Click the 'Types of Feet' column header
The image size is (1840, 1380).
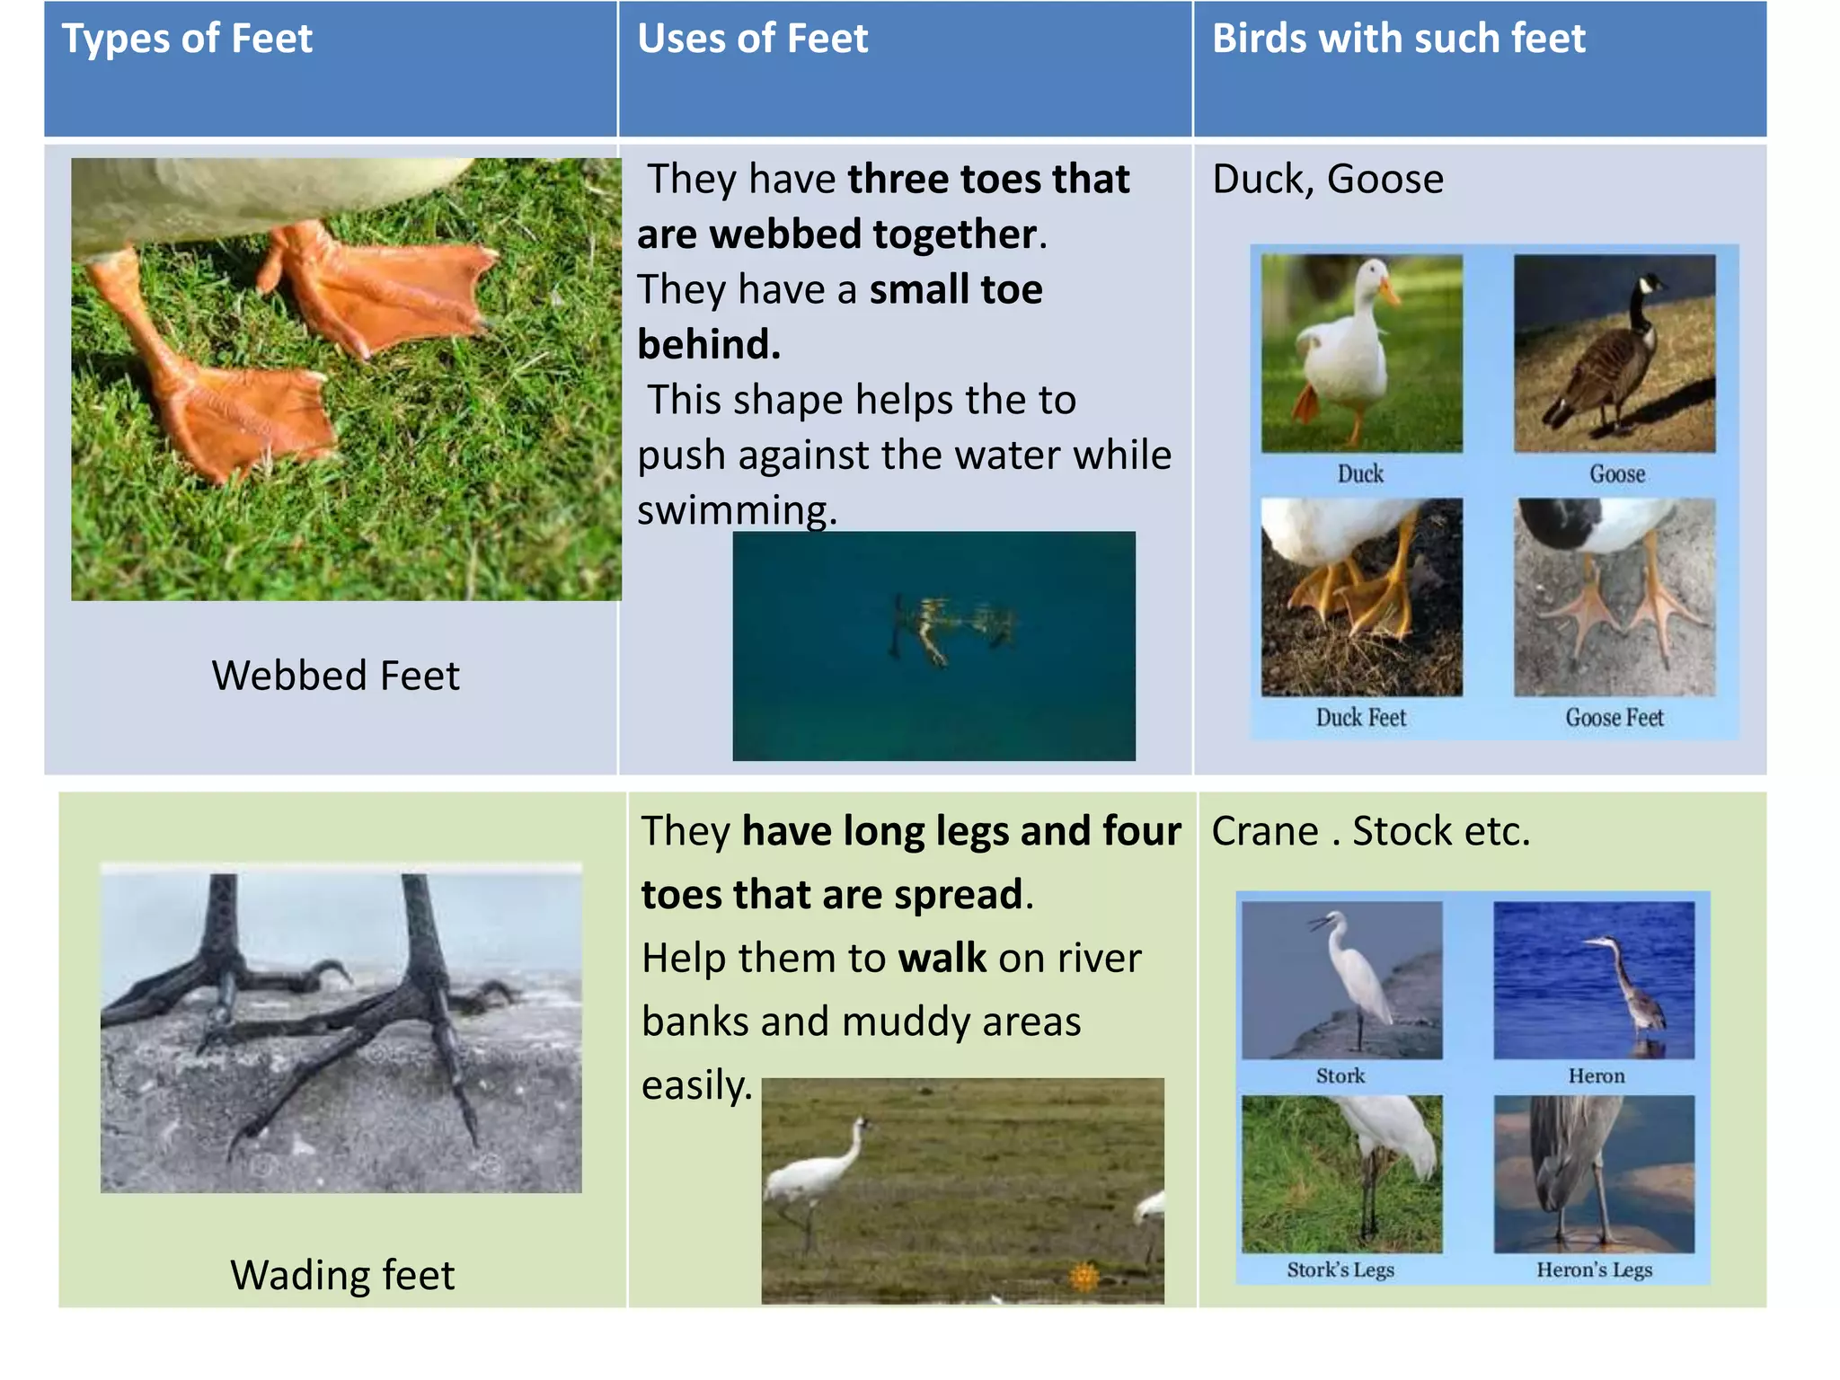187,40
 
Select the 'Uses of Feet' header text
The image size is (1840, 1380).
752,40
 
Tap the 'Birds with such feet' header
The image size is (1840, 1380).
1398,40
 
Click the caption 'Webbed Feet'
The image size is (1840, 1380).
335,676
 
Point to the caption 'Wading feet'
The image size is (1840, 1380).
342,1275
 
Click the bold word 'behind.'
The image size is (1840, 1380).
709,344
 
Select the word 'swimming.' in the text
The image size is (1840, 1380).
737,510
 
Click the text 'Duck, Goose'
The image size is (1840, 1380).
1327,179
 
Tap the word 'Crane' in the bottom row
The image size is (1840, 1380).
1264,831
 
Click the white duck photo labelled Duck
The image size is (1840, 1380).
1360,353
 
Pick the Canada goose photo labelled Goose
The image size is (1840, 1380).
1614,353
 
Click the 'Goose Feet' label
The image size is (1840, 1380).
1614,718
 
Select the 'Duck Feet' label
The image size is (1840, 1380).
1360,718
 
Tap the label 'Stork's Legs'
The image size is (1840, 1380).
1340,1269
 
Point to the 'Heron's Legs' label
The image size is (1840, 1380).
1594,1269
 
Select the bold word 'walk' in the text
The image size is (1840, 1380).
942,959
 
